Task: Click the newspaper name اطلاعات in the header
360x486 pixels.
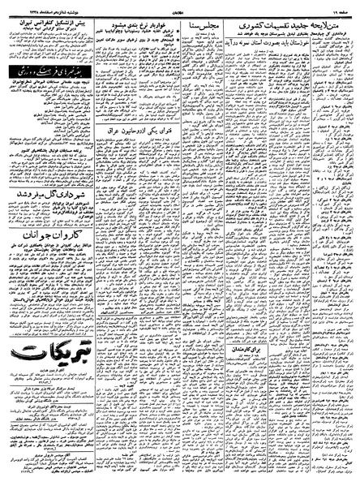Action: pyautogui.click(x=180, y=7)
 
